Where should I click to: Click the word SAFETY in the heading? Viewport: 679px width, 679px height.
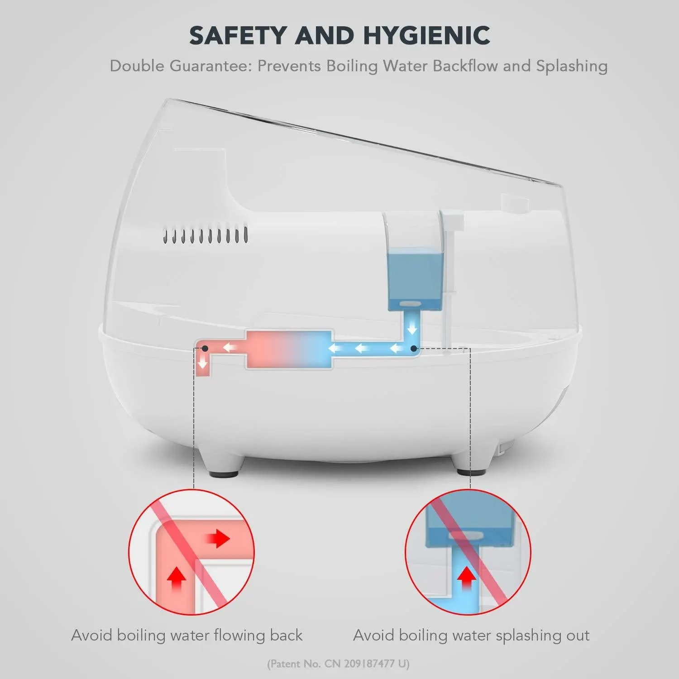click(x=238, y=35)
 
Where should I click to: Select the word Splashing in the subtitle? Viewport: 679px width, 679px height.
click(x=572, y=67)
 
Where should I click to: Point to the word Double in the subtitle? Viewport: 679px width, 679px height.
click(x=137, y=66)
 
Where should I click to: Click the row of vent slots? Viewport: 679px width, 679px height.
click(x=206, y=235)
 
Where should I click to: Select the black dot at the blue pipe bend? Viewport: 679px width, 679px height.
click(x=413, y=349)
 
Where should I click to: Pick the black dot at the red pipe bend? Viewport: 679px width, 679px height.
click(x=205, y=349)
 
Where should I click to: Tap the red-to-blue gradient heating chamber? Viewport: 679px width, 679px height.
click(x=289, y=349)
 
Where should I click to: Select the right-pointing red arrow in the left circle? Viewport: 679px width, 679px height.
click(x=219, y=539)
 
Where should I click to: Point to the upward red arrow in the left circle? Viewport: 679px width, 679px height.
click(x=177, y=579)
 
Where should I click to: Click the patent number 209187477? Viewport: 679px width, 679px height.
click(x=368, y=664)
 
